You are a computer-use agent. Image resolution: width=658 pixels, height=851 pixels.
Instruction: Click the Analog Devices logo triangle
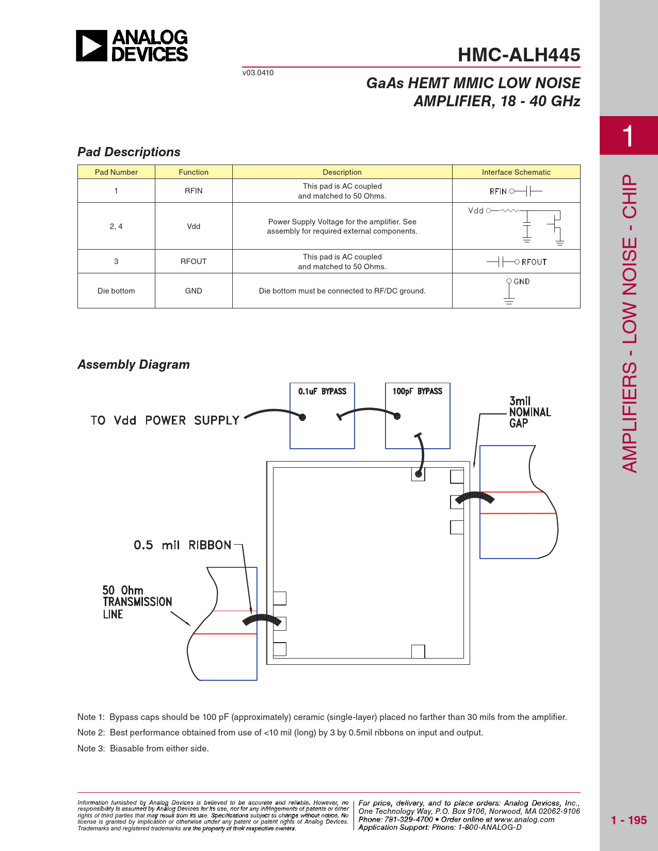tap(91, 46)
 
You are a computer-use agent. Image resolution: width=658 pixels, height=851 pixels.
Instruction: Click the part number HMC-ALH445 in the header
tap(519, 55)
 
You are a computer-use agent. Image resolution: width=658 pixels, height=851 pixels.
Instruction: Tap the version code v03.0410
tap(258, 73)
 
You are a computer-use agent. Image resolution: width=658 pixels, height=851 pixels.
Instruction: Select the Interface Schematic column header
tap(516, 172)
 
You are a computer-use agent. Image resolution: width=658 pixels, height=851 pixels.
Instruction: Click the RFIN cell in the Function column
tap(194, 191)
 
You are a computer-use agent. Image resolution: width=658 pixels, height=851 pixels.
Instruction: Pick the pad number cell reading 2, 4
tap(116, 226)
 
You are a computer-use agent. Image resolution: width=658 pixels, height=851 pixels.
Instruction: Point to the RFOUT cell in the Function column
tap(194, 261)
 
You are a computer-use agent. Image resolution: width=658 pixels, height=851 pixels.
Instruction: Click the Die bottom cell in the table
tap(116, 291)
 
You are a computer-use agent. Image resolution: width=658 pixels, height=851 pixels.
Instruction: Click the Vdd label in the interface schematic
tap(476, 210)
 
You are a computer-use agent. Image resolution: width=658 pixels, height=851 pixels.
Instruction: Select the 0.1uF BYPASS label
tap(322, 391)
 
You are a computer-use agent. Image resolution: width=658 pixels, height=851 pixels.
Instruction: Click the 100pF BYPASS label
tap(417, 391)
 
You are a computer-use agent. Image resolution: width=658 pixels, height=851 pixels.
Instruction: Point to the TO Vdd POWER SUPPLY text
tap(165, 420)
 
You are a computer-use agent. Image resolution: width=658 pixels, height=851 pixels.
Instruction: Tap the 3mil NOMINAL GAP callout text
tap(529, 412)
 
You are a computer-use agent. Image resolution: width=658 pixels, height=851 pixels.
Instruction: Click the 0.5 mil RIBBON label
tap(183, 545)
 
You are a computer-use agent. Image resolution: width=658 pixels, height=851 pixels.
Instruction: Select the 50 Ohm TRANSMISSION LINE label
tap(137, 602)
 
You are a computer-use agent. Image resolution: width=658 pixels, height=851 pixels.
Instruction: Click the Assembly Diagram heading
tap(134, 365)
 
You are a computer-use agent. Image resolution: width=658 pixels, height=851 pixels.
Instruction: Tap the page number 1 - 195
tap(629, 820)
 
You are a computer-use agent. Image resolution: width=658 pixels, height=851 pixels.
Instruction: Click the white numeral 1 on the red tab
tap(628, 136)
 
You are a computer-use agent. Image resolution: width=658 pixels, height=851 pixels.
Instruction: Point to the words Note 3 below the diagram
tap(91, 748)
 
